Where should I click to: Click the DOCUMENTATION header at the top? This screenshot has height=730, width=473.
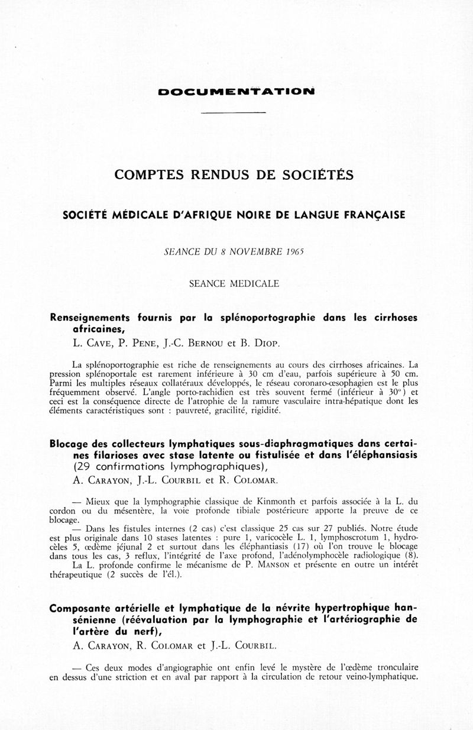pyautogui.click(x=236, y=92)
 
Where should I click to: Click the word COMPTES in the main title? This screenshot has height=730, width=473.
pyautogui.click(x=147, y=175)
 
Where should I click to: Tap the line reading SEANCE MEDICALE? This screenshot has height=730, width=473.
pyautogui.click(x=234, y=283)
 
